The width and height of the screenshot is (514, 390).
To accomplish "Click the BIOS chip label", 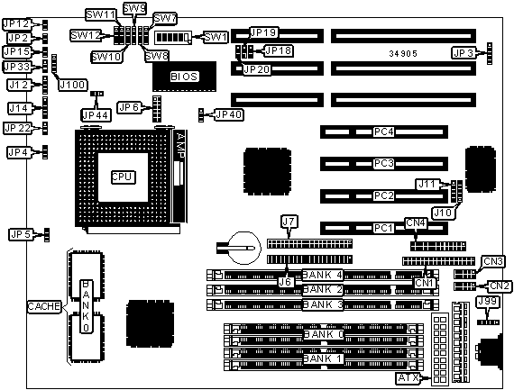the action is (184, 77).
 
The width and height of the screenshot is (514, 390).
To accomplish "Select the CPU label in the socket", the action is (123, 177).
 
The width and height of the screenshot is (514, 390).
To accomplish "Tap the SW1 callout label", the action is (216, 37).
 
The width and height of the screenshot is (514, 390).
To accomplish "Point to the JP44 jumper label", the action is (96, 115).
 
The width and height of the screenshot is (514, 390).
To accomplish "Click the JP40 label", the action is (229, 114).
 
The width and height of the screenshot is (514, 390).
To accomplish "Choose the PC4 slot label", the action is (383, 132).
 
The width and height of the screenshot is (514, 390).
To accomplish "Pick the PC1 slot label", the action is (383, 228).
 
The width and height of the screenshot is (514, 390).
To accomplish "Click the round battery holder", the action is (244, 248).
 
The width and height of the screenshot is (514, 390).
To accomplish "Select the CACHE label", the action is (44, 306).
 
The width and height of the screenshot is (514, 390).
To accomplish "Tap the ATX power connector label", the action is (408, 378).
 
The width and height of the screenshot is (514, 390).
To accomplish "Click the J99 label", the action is (488, 302).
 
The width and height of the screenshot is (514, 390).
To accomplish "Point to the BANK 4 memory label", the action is (322, 275).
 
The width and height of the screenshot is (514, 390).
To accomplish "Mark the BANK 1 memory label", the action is (322, 358).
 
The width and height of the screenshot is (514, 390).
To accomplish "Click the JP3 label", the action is (464, 53).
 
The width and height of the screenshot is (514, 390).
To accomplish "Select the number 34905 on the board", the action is (403, 53).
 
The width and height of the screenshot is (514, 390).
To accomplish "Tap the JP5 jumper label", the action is (21, 234).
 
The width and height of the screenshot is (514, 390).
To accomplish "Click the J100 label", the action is (73, 85).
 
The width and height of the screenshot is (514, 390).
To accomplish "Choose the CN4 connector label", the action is (416, 223).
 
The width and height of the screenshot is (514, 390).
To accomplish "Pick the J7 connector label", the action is (289, 222).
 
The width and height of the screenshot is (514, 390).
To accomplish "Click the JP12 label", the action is (16, 24).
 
